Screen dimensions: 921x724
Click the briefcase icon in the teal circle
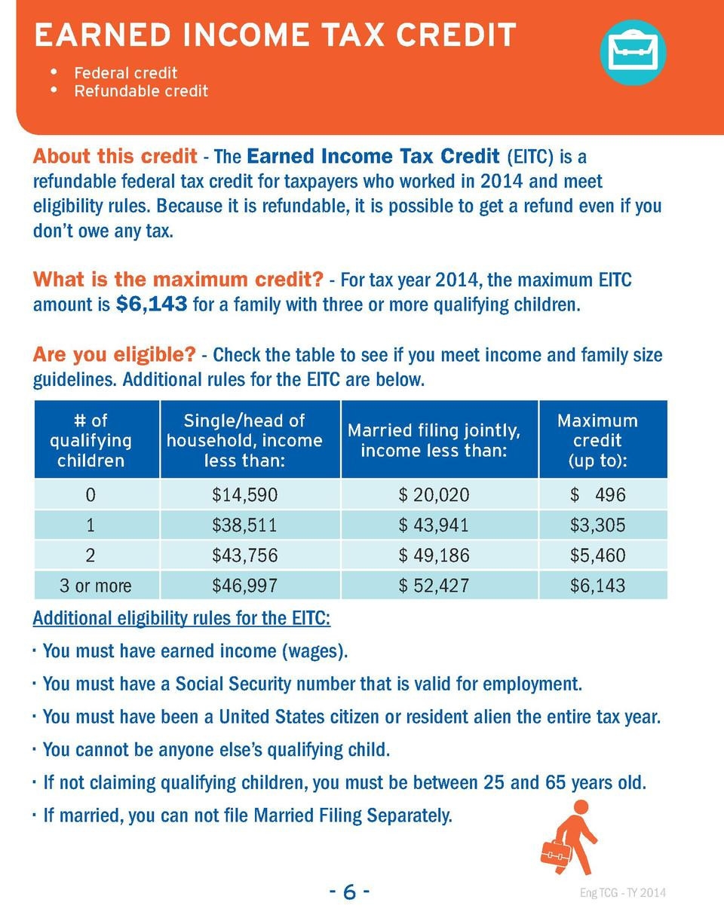tap(633, 52)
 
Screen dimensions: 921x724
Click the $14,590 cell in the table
tap(245, 495)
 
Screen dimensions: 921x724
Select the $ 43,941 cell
tap(434, 525)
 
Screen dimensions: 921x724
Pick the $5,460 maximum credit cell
tap(597, 555)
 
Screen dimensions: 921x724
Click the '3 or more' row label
tap(96, 586)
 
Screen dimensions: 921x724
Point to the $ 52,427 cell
tap(434, 586)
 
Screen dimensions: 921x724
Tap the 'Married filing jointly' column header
tap(434, 440)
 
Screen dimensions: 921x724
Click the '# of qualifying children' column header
tap(90, 440)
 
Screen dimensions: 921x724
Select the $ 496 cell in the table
tap(597, 495)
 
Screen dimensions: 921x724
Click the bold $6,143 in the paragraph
tap(152, 306)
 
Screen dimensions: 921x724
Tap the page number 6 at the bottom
tap(348, 892)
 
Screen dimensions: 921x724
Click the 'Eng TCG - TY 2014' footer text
tap(623, 894)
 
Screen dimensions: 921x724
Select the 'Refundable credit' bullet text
tap(141, 91)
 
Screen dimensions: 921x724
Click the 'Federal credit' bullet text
tap(126, 73)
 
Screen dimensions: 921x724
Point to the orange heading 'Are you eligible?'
tap(114, 353)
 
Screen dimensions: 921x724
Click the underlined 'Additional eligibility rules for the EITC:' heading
tap(181, 619)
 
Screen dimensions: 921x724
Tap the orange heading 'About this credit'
tap(114, 157)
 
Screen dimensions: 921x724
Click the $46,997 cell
tap(245, 586)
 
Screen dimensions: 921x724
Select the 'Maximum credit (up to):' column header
tap(597, 440)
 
